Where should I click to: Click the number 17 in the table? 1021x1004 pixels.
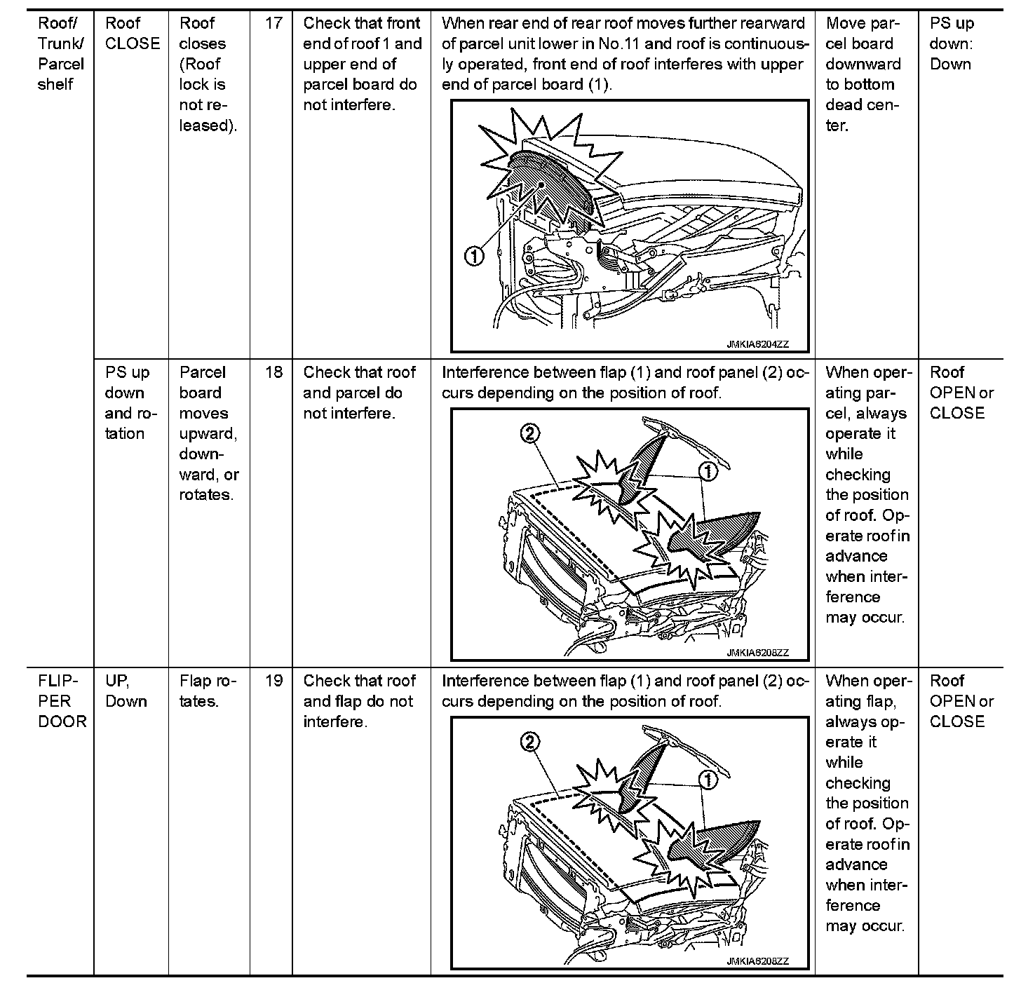tap(273, 23)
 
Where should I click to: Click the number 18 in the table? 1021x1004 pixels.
tap(273, 372)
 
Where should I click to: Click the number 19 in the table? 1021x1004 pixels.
tap(273, 681)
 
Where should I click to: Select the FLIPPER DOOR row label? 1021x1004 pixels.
tap(61, 701)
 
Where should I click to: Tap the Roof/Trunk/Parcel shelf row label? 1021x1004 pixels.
tap(60, 53)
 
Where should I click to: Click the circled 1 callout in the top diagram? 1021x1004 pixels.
tap(475, 257)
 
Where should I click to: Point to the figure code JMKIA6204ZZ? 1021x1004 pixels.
tap(757, 344)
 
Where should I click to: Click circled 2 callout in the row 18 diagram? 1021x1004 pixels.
tap(530, 434)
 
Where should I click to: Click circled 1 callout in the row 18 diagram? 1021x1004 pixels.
tap(709, 472)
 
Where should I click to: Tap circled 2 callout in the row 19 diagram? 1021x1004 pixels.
tap(530, 742)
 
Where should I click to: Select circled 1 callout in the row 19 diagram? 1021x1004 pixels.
tap(709, 780)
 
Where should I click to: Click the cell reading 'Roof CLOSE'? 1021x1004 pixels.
tap(132, 33)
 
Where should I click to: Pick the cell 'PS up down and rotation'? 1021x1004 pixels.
tap(130, 403)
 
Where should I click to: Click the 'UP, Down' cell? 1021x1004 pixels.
tap(126, 691)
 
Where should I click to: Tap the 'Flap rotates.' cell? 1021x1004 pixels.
tap(208, 691)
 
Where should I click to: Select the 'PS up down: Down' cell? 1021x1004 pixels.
tap(952, 43)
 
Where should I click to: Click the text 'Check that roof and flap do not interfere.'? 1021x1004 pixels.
tap(359, 701)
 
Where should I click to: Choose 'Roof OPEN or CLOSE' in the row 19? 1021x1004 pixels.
tap(961, 701)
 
